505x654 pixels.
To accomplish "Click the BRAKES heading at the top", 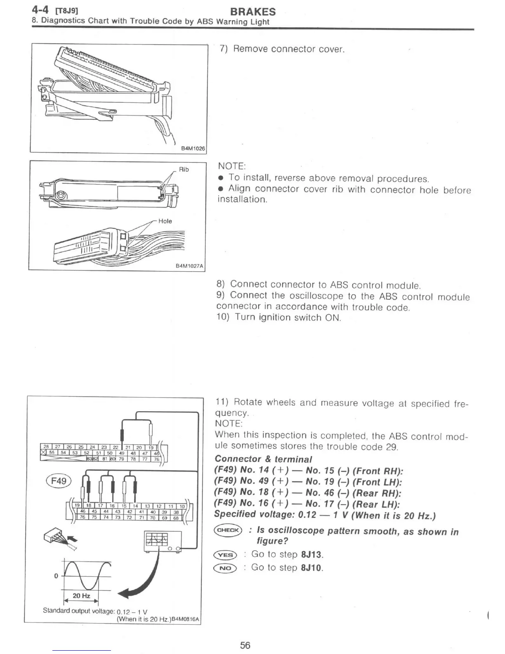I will (252, 12).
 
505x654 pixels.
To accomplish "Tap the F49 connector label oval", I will (59, 481).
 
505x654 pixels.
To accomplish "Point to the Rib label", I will (184, 169).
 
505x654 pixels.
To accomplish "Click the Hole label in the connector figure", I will (165, 221).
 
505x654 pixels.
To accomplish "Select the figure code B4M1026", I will (193, 148).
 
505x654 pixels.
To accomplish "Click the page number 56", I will (245, 645).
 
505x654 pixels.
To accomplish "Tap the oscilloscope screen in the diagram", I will (156, 539).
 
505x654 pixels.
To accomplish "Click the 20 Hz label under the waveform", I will (81, 596).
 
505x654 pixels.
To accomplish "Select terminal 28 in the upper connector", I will (46, 447).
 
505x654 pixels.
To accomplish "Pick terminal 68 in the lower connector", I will (176, 518).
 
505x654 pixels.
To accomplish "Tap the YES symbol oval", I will (225, 555).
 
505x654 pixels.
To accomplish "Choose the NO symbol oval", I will (225, 569).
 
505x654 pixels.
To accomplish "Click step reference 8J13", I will (312, 554).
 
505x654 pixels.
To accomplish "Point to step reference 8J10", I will (312, 568).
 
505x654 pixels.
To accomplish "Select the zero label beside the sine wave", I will (56, 576).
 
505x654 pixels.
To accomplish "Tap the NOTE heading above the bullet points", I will (231, 166).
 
